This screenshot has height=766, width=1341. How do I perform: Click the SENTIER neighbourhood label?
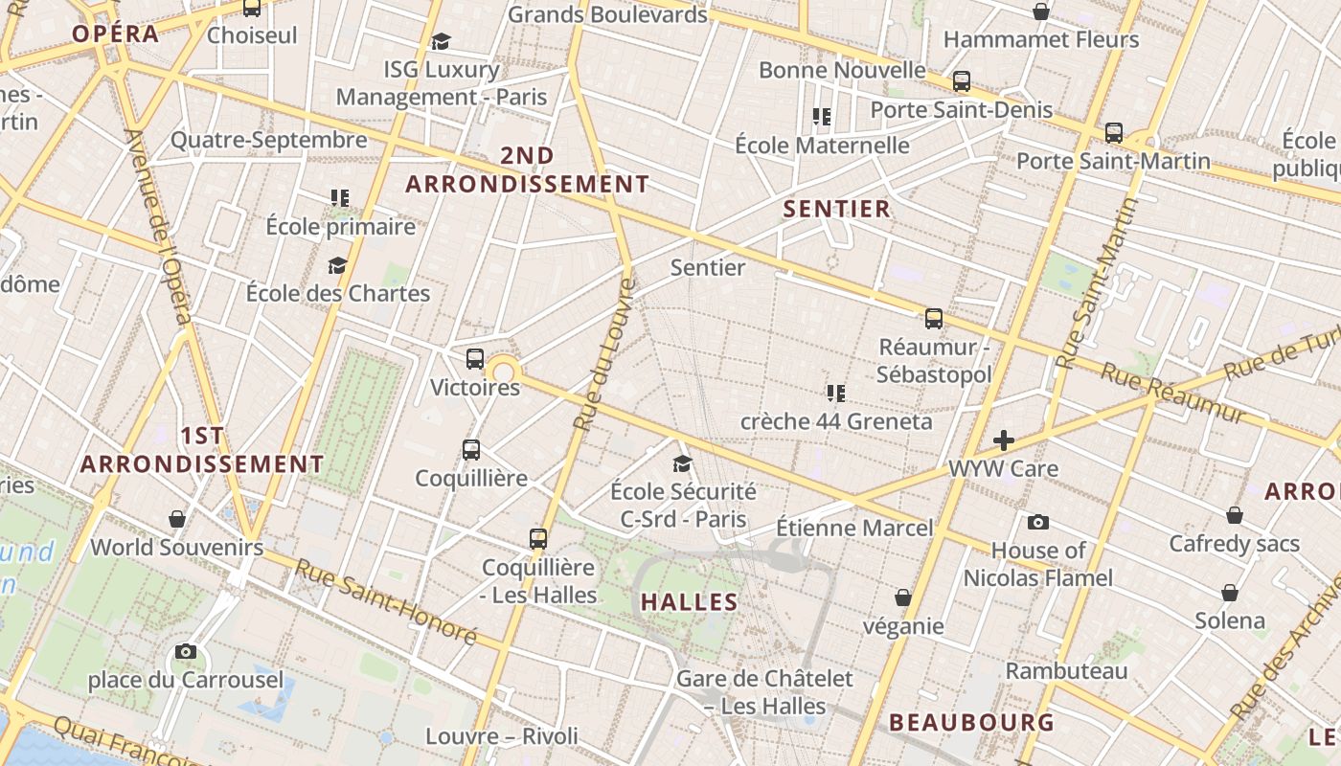click(837, 209)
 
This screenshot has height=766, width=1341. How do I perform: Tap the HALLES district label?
click(690, 602)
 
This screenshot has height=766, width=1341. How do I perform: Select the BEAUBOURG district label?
click(971, 722)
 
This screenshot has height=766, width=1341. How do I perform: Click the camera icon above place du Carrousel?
click(186, 652)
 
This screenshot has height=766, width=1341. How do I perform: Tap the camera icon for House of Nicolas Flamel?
click(1037, 522)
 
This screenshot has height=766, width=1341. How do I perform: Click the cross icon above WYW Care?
click(1004, 440)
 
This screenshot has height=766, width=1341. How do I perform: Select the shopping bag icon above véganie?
click(902, 597)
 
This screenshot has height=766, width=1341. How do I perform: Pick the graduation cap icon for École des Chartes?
click(337, 265)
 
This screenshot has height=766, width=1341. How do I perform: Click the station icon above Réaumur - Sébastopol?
click(934, 319)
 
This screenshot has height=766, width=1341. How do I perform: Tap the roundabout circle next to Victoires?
click(503, 371)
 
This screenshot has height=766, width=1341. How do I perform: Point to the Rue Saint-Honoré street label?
click(385, 600)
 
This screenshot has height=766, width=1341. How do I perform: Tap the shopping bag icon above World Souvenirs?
click(177, 519)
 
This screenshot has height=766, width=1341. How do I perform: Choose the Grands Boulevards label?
click(607, 14)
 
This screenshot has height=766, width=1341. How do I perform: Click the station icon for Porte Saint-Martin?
click(1113, 133)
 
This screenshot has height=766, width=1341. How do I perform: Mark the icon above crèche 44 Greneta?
click(836, 393)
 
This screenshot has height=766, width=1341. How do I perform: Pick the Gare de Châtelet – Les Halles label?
click(764, 692)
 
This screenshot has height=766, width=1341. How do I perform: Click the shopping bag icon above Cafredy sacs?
click(1235, 515)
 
